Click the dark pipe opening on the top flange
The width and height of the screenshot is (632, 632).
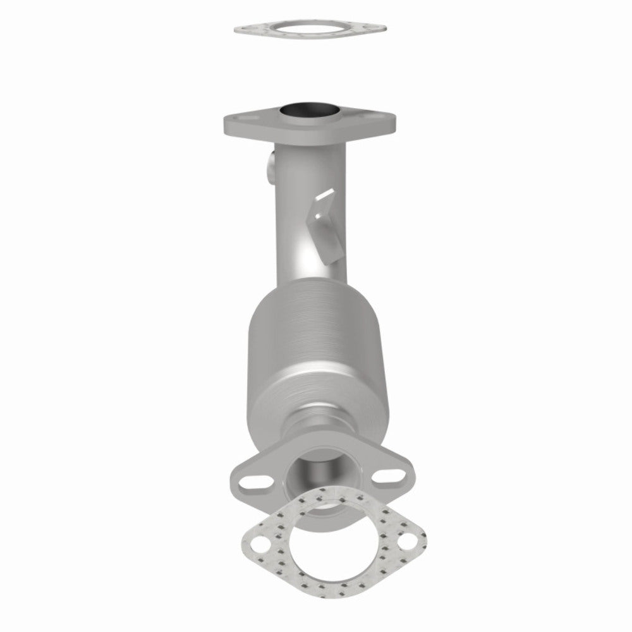click(310, 111)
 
